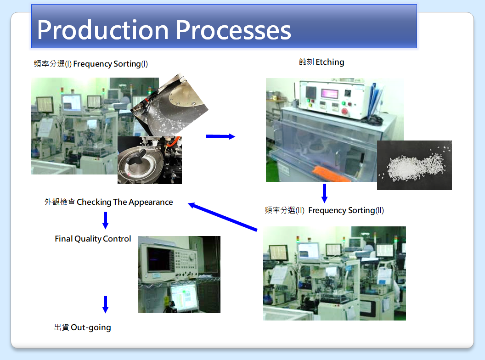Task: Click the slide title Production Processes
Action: (164, 30)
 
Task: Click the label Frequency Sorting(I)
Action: (110, 64)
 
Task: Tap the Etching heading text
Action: (330, 62)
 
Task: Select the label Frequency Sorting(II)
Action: (346, 210)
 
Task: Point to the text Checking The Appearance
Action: (124, 202)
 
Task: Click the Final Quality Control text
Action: (93, 239)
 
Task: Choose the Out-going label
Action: (90, 327)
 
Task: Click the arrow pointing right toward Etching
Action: (220, 136)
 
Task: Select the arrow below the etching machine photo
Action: (324, 193)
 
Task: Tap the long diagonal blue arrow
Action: (223, 217)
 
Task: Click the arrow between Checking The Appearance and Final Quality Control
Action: (106, 220)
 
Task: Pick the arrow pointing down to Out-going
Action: (106, 304)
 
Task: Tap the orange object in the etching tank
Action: (330, 174)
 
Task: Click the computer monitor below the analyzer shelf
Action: (184, 297)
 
